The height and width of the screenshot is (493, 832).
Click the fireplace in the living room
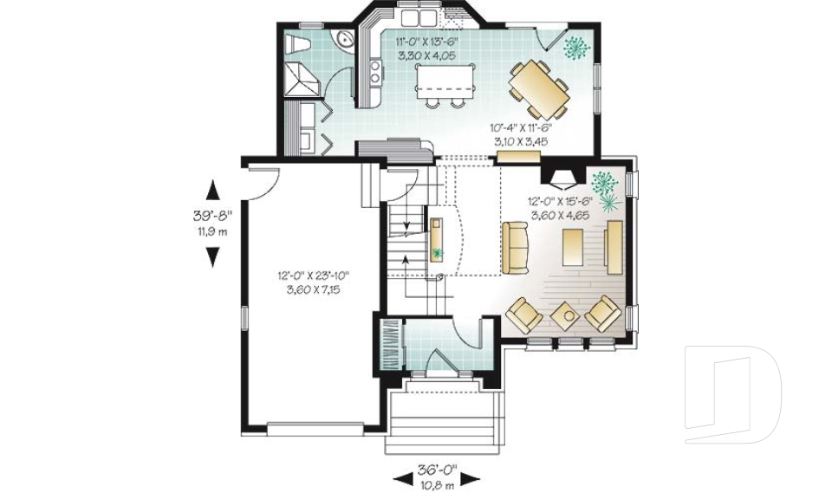(562, 178)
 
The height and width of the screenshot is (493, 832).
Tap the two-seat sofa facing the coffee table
(515, 247)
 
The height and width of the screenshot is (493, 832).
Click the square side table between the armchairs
(566, 315)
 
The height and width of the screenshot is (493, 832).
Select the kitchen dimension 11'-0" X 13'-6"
(431, 49)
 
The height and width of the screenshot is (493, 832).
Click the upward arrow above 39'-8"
(211, 191)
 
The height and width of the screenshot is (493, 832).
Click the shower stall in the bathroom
(303, 80)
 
